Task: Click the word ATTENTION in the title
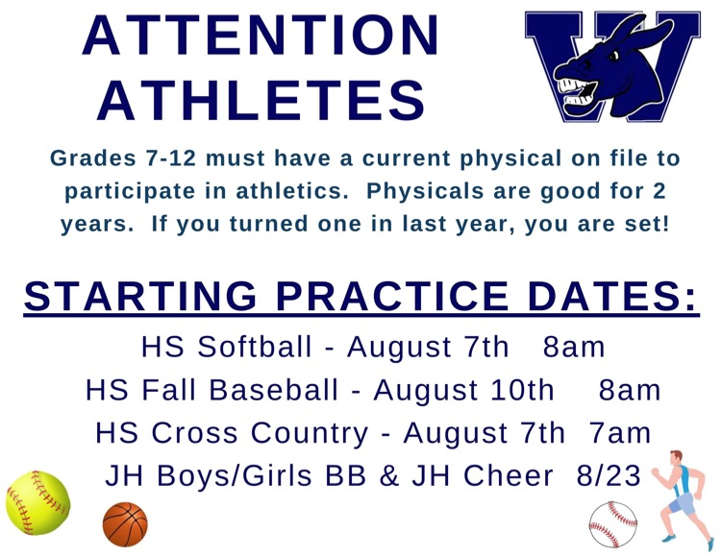click(x=261, y=36)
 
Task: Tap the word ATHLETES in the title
click(x=261, y=100)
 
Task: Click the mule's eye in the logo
click(x=614, y=56)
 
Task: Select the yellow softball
click(x=37, y=503)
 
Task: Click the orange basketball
click(x=125, y=524)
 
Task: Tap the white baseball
click(x=613, y=524)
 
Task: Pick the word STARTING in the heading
click(x=140, y=296)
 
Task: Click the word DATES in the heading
click(x=612, y=296)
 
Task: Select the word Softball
click(x=255, y=347)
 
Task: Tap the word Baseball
click(x=274, y=390)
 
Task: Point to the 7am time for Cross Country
click(x=620, y=433)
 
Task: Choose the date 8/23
click(x=609, y=475)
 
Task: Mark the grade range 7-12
click(x=170, y=158)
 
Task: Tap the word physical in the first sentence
click(x=510, y=159)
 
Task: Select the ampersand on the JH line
click(x=389, y=475)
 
